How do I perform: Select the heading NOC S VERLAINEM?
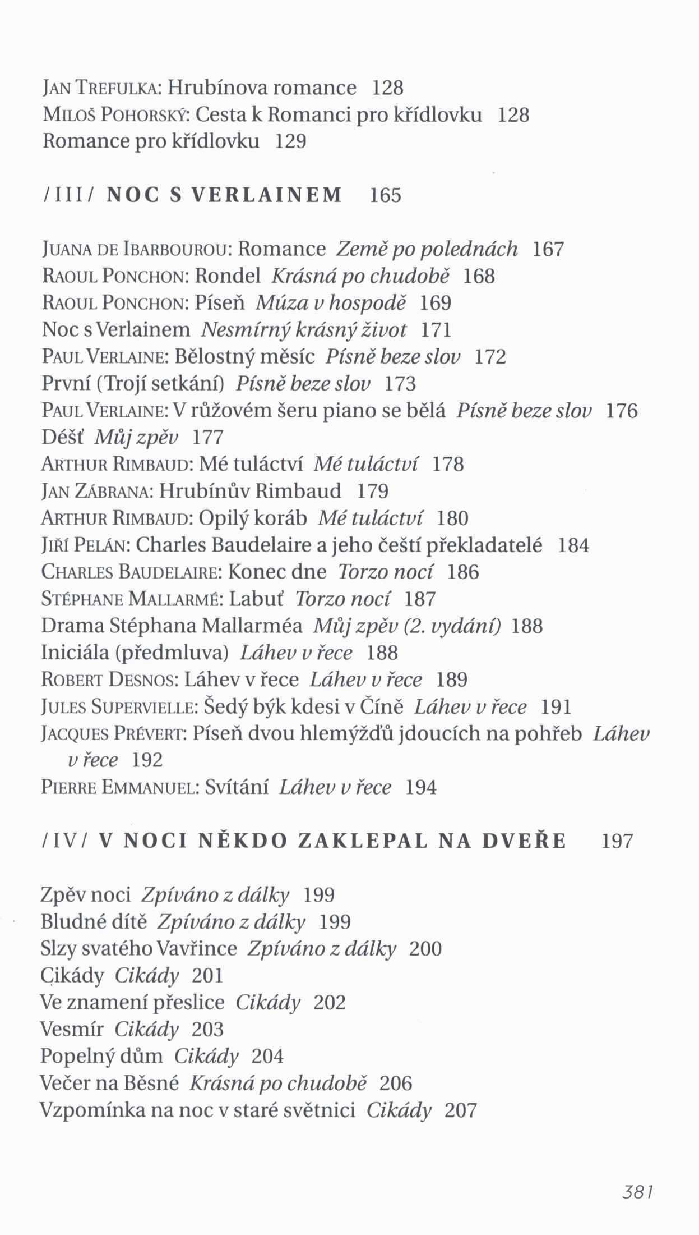pyautogui.click(x=224, y=195)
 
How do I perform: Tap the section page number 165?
pyautogui.click(x=386, y=195)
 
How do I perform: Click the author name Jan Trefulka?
pyautogui.click(x=102, y=88)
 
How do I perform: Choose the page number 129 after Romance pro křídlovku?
pyautogui.click(x=291, y=141)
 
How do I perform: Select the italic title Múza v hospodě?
pyautogui.click(x=330, y=303)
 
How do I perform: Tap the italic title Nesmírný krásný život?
pyautogui.click(x=304, y=330)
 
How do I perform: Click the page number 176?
pyautogui.click(x=622, y=411)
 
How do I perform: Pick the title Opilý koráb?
pyautogui.click(x=253, y=518)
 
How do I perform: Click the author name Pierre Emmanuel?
pyautogui.click(x=120, y=788)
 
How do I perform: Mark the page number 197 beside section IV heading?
pyautogui.click(x=617, y=842)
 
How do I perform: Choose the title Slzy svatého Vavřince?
pyautogui.click(x=138, y=949)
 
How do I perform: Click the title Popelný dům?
pyautogui.click(x=101, y=1057)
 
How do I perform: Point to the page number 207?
pyautogui.click(x=460, y=1110)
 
